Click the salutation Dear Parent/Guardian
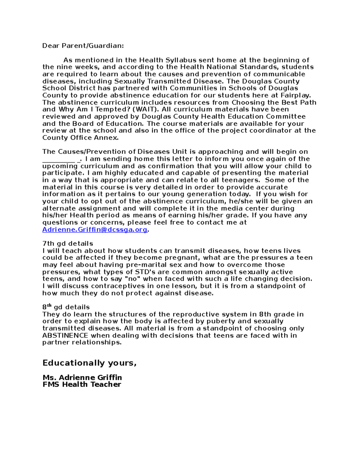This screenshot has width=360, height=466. coord(83,46)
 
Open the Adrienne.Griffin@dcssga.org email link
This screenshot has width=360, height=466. coord(95,230)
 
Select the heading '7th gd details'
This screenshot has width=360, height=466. coord(67,244)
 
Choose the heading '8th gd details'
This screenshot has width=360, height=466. coord(66,307)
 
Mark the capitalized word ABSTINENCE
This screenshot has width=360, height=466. coord(65,335)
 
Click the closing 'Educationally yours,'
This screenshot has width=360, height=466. coord(89,363)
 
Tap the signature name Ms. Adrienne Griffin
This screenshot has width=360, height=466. coord(82,377)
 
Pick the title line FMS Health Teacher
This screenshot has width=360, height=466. coord(82,384)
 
